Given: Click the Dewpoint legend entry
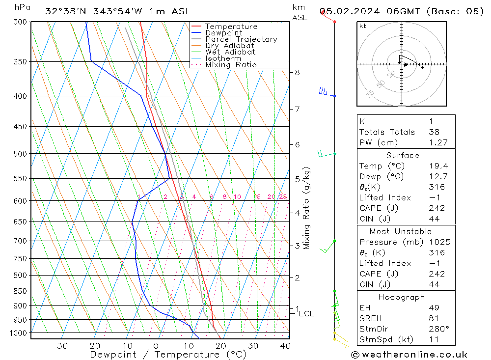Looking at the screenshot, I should (223, 33).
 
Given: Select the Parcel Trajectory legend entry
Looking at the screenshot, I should (241, 39).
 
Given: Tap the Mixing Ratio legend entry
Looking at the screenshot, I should (231, 64).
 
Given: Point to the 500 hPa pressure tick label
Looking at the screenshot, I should (20, 154).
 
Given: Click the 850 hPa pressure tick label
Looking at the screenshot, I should (20, 291).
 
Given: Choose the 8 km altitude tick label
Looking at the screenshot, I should (297, 72).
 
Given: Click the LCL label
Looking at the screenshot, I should (306, 313).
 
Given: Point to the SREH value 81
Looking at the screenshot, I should (434, 318).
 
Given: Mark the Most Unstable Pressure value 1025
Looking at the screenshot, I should (439, 242).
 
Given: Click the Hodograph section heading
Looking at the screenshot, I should (402, 297).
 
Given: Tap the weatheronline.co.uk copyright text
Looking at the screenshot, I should (409, 355).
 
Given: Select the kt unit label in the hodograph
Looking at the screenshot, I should (362, 26).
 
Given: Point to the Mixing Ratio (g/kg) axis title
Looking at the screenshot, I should (306, 207).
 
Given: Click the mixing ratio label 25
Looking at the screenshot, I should (283, 197).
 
